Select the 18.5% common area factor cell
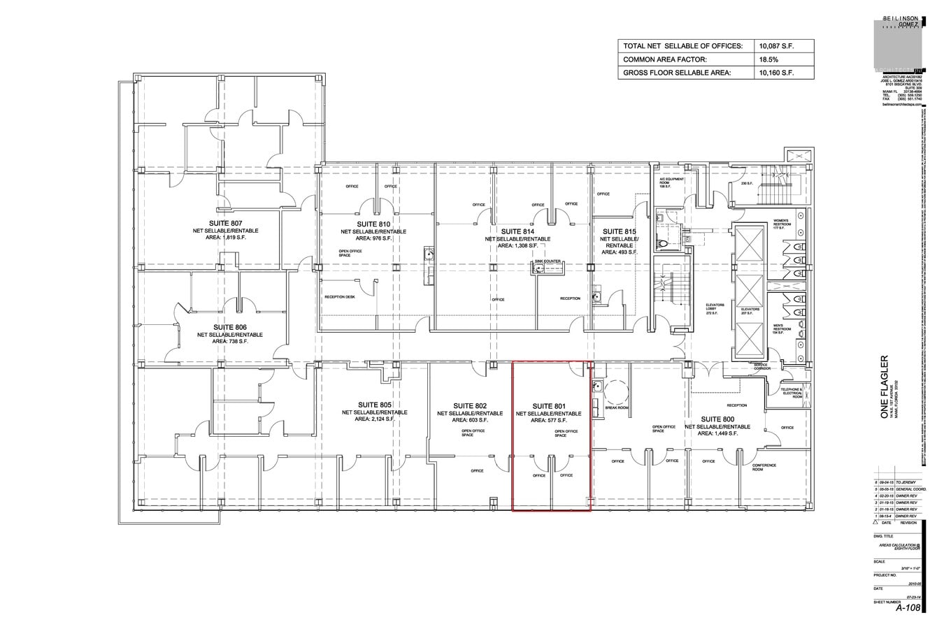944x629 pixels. click(768, 59)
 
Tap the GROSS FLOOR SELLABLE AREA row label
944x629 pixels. click(676, 73)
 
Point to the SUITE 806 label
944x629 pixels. click(230, 327)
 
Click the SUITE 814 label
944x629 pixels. click(517, 231)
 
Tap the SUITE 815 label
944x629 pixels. click(619, 231)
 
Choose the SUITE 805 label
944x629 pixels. click(374, 405)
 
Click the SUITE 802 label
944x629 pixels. click(469, 406)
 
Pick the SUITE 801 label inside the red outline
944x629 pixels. click(548, 406)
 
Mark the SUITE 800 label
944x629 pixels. click(717, 419)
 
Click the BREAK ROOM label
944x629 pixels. click(616, 407)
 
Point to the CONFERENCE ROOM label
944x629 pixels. click(764, 468)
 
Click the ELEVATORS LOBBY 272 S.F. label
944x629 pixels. click(714, 309)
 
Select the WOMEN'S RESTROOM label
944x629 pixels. click(780, 224)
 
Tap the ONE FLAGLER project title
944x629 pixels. click(885, 388)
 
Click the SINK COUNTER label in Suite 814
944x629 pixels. click(548, 261)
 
